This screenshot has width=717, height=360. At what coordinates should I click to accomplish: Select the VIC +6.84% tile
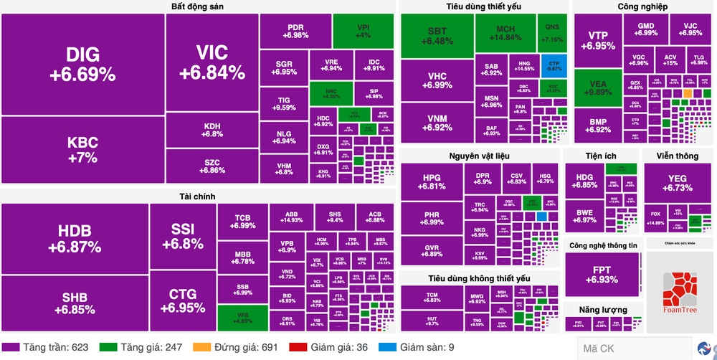click(x=212, y=62)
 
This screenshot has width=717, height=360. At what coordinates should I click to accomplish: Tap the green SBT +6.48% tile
click(x=437, y=36)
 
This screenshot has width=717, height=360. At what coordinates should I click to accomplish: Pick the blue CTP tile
click(x=554, y=66)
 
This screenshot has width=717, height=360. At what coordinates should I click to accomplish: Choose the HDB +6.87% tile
click(x=75, y=238)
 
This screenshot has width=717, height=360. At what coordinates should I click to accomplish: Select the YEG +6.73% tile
click(x=678, y=183)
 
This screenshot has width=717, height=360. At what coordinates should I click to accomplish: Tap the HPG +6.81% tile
click(x=432, y=182)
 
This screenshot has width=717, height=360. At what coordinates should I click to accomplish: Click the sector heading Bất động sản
click(x=198, y=6)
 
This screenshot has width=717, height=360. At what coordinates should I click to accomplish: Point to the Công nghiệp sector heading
click(x=642, y=6)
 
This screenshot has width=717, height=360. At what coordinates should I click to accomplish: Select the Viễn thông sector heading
click(x=678, y=156)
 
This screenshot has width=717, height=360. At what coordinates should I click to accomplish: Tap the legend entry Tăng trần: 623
click(x=49, y=347)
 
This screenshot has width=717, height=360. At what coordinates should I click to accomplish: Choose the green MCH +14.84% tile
click(x=504, y=32)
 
